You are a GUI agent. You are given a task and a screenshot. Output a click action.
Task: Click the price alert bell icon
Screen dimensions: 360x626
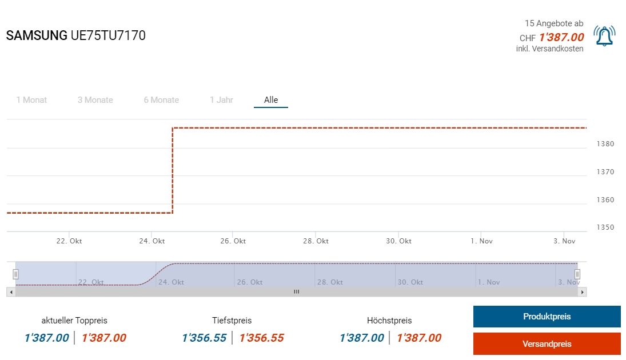pos(604,36)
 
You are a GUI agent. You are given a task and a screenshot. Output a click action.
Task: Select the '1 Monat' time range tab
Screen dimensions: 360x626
pos(31,100)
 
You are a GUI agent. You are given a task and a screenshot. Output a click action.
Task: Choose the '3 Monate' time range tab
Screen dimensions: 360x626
pos(95,100)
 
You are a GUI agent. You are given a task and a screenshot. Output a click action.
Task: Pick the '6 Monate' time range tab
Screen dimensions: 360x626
pos(161,100)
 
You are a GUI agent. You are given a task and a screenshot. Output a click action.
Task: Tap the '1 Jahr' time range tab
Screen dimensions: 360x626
pos(221,100)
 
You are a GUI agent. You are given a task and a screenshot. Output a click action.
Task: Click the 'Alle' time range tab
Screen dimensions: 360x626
pos(271,100)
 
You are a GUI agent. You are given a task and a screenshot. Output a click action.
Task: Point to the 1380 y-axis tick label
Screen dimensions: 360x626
pos(605,144)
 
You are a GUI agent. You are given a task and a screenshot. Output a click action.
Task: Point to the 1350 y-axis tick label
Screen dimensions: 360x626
pos(605,227)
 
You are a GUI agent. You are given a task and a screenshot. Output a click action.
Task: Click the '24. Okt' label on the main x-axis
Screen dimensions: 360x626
pos(151,241)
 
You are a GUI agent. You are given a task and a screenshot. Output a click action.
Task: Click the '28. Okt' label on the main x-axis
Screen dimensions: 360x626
pos(316,241)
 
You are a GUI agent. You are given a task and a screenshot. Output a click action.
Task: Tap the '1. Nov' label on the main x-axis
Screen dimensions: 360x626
pos(481,241)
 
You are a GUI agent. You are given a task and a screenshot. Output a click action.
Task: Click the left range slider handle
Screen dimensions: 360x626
pos(16,274)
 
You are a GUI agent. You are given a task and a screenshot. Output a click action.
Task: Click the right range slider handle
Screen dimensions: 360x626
pos(577,274)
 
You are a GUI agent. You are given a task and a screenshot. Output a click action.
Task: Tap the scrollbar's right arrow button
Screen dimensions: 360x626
pos(583,292)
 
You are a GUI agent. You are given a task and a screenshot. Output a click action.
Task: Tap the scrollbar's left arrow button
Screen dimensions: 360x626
pos(11,292)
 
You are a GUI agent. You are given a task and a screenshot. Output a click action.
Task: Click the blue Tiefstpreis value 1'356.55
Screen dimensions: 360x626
pos(204,338)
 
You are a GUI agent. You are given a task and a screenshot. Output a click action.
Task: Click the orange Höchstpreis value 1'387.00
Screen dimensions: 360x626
pos(419,338)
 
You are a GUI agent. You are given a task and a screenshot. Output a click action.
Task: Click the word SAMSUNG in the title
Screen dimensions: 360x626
pos(37,35)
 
